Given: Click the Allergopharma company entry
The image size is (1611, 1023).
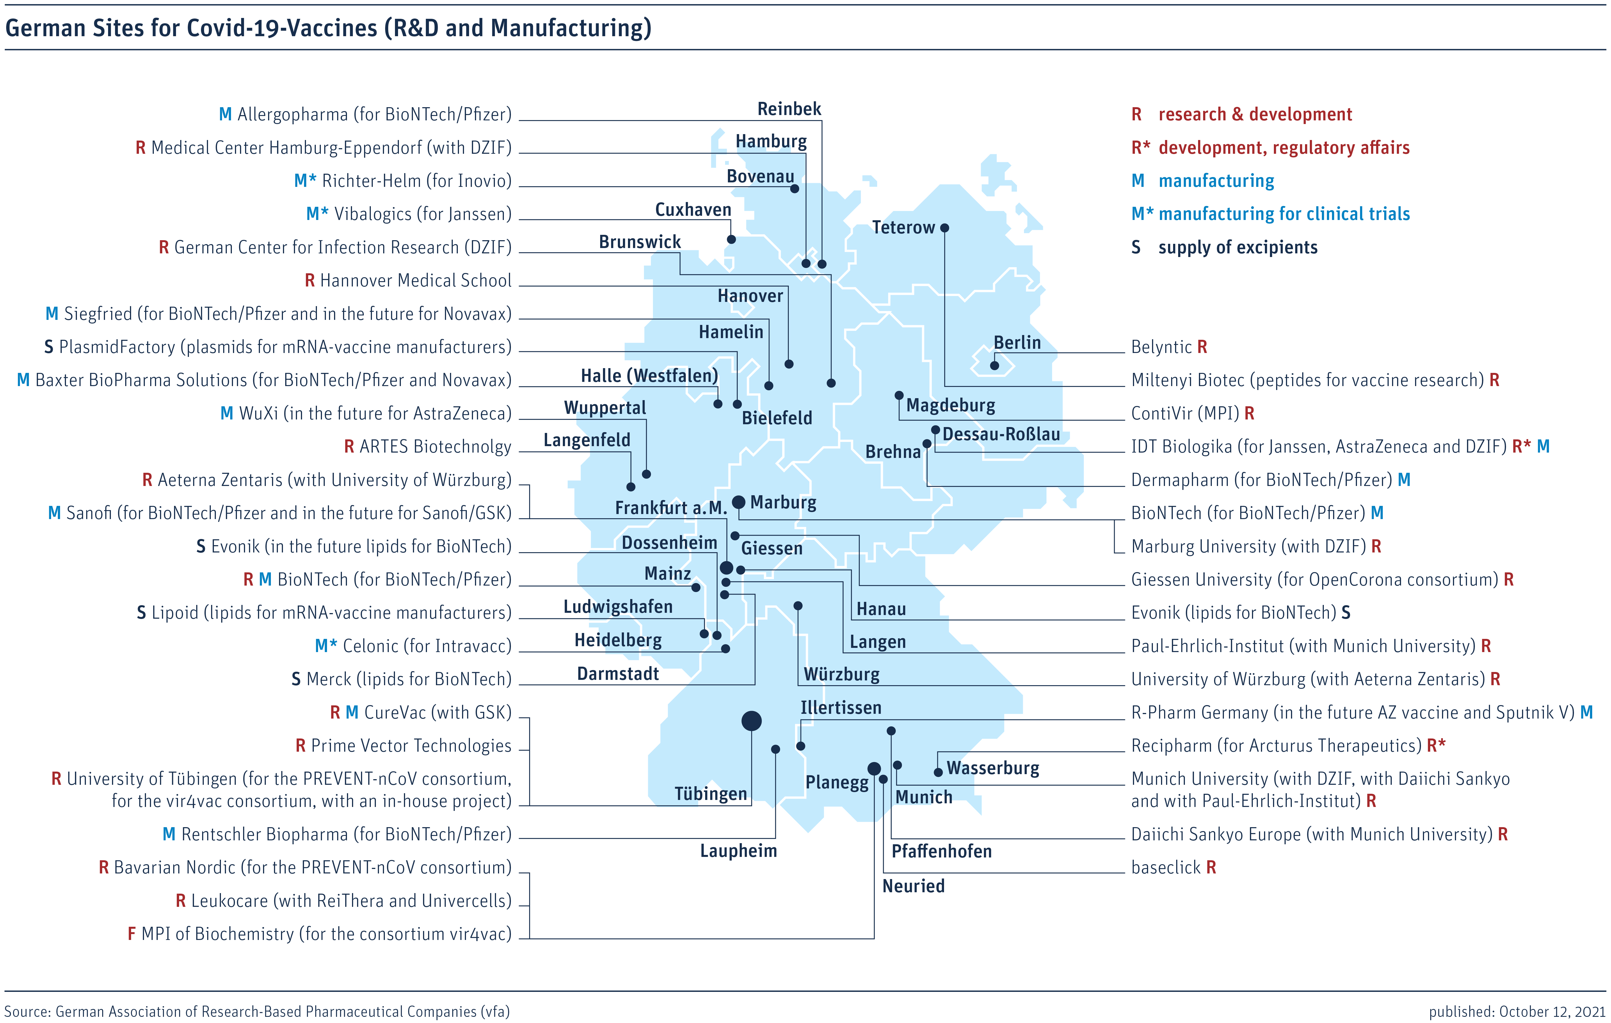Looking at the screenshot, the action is click(x=365, y=114).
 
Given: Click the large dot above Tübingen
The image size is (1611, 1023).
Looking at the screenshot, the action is click(x=751, y=721).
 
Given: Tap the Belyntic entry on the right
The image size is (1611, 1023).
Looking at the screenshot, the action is click(x=1169, y=347).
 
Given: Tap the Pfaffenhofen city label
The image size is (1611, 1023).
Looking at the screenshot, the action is click(x=941, y=851).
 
